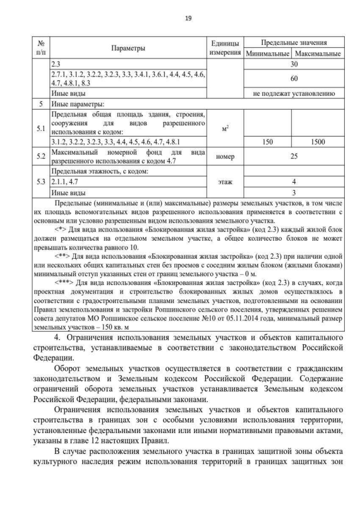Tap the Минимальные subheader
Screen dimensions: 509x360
click(267, 54)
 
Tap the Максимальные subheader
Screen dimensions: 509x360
click(318, 54)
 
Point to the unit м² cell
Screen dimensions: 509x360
click(225, 128)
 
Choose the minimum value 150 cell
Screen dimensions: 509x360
click(267, 142)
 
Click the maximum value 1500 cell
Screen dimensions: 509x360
click(318, 142)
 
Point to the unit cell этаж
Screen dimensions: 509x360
click(225, 182)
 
